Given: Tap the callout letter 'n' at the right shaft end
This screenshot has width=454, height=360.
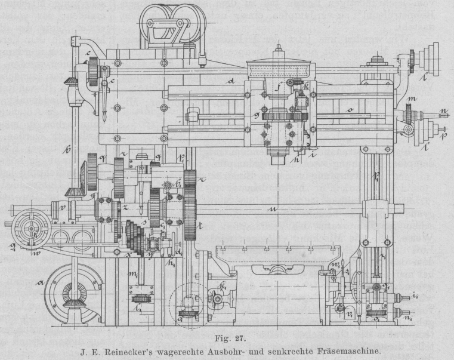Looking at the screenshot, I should (443, 109).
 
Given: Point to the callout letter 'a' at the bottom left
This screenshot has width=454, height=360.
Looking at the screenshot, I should (41, 282).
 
